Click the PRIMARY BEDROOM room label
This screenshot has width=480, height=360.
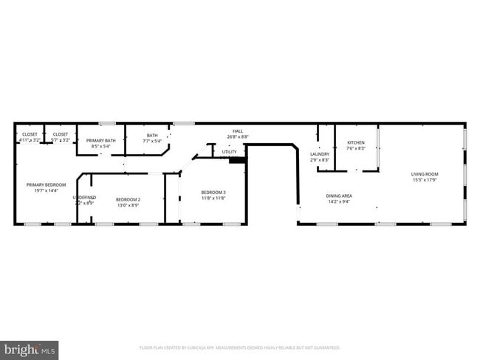[47, 184]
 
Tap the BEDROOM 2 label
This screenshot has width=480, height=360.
[128, 199]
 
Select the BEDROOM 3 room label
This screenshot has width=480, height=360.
[213, 193]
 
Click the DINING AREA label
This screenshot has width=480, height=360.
[339, 195]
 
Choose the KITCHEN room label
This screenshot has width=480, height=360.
[356, 142]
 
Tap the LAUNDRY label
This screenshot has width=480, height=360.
[319, 153]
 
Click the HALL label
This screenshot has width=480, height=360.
[237, 131]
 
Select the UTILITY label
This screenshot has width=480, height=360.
[229, 152]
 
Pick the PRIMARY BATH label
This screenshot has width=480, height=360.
[100, 140]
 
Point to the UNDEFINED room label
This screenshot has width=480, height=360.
[84, 197]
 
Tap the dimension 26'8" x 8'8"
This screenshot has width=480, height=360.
[237, 136]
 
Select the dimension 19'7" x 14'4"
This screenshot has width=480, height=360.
[47, 190]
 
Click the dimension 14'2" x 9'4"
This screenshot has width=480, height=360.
[339, 201]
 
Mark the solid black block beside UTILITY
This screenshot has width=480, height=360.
[236, 159]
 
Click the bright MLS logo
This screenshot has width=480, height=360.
[30, 347]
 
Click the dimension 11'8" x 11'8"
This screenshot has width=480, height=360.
[213, 198]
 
